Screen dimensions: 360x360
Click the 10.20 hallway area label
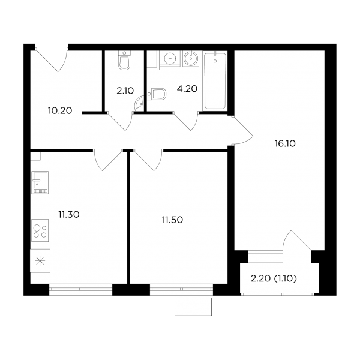coord(60,110)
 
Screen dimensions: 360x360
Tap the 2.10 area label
coord(125,91)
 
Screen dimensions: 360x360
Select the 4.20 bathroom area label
coord(187,89)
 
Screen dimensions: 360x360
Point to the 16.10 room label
coord(285,144)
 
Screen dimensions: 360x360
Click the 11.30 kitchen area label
coord(69,215)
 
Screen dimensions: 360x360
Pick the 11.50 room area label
coord(172,220)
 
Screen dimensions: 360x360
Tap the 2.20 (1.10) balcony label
coord(274,278)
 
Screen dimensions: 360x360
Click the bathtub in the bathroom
coord(215,81)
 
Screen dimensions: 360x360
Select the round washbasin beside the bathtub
coord(191,59)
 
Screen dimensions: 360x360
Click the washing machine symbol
coord(170,59)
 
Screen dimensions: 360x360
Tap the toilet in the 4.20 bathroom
coord(157,94)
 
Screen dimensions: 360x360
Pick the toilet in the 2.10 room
coord(124,60)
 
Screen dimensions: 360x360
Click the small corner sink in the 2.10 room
coord(139,104)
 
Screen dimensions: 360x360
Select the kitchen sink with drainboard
coord(40,182)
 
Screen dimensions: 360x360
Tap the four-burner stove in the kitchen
coord(40,230)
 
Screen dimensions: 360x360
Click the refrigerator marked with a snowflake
coord(40,261)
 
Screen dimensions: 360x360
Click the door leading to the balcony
coord(296,241)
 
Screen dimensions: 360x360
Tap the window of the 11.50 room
coord(181,289)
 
